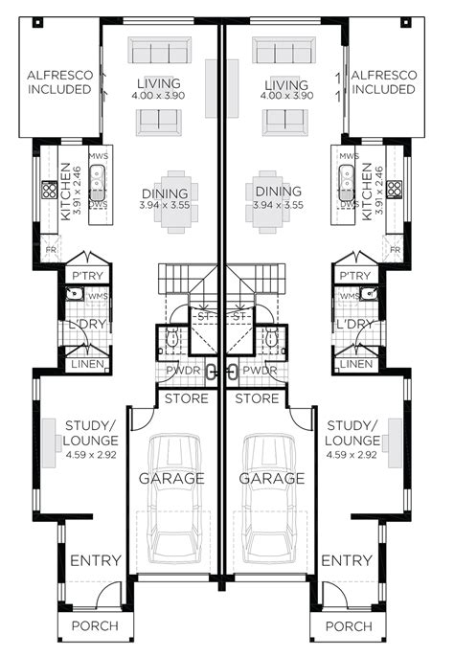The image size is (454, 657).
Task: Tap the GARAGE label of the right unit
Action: point(271,478)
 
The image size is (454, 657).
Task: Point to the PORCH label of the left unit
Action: point(95,626)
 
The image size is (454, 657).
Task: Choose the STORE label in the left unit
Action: point(186,397)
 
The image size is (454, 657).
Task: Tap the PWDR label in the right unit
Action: point(260,371)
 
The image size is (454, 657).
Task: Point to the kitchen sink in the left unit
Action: point(97,176)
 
